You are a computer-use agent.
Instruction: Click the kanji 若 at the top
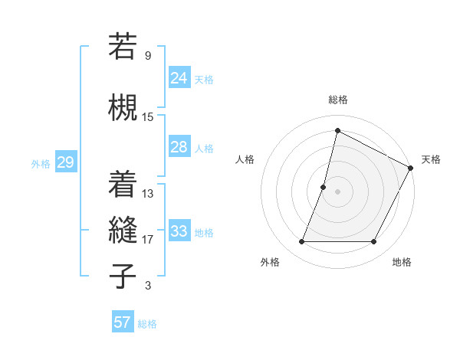point(123,47)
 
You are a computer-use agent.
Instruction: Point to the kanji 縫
point(123,229)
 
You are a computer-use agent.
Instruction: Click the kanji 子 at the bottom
point(123,274)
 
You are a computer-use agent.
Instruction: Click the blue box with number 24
point(179,77)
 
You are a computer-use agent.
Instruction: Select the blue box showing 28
point(179,147)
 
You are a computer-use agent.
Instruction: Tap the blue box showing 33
point(179,231)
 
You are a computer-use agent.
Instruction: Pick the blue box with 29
point(65,162)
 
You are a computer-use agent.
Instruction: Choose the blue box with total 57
point(123,322)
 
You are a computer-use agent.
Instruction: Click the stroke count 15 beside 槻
point(148,117)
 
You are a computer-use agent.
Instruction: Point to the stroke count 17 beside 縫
point(148,240)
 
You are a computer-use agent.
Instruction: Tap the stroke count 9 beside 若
point(148,56)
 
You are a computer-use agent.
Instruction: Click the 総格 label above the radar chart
point(337,100)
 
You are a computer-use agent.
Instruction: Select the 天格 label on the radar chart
point(431,159)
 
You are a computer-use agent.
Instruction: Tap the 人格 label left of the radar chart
point(245,159)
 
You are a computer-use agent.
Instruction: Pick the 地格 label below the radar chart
point(402,263)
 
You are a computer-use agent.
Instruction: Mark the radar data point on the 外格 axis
point(301,242)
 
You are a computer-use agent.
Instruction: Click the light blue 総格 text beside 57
point(147,324)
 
